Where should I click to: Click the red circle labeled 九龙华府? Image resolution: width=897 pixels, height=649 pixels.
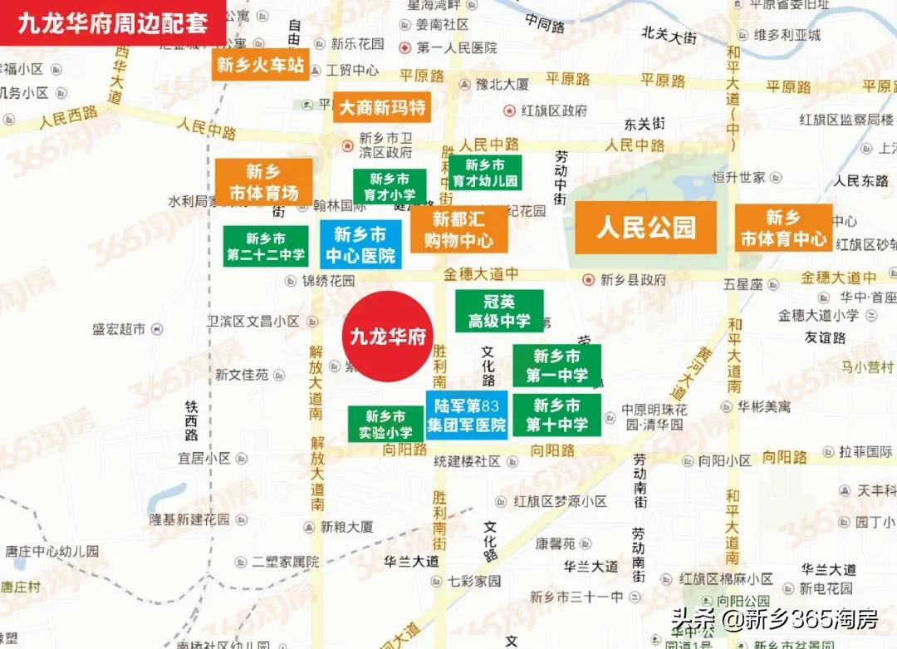click(388, 337)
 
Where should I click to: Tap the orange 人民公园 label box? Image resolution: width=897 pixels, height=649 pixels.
click(645, 227)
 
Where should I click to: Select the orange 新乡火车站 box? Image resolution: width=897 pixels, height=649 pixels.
click(260, 65)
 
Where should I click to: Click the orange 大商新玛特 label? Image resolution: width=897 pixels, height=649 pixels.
click(382, 107)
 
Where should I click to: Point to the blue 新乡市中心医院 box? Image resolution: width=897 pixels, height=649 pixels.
click(360, 244)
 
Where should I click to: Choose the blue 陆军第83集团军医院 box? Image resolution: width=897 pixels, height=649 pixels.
click(466, 415)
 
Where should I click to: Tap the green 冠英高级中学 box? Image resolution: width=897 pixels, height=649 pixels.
click(499, 311)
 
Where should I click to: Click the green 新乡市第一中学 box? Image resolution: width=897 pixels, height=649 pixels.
click(556, 366)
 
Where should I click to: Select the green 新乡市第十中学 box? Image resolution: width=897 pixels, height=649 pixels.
click(556, 415)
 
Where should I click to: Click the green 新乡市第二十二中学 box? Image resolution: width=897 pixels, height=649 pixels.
click(266, 247)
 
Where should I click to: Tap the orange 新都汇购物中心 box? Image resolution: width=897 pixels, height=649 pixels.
click(458, 230)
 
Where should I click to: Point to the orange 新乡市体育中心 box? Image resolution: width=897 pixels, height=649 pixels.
click(782, 228)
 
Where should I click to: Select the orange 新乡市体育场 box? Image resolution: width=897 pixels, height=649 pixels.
click(263, 182)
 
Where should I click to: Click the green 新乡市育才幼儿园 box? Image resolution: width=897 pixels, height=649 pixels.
click(485, 173)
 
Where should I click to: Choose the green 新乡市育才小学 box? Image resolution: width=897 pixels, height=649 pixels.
click(390, 187)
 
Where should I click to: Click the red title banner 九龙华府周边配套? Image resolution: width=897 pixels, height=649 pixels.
click(113, 22)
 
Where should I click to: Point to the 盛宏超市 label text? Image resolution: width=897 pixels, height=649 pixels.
click(119, 329)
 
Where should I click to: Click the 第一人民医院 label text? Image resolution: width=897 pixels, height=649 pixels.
click(456, 48)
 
